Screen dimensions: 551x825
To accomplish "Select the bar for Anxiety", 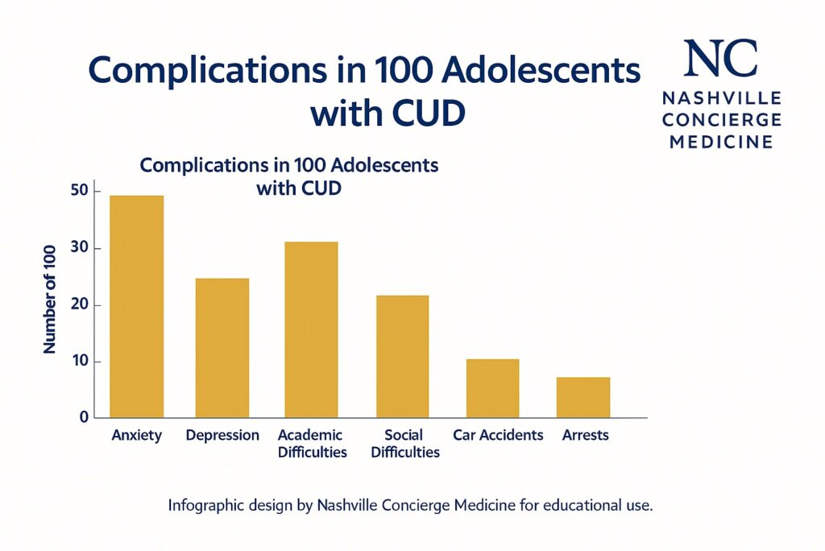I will tap(137, 306).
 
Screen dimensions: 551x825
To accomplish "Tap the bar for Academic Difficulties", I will tap(311, 329).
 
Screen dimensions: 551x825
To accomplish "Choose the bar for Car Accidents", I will tap(492, 388).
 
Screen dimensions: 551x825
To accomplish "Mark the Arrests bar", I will tap(583, 397).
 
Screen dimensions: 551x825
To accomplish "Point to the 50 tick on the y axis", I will tap(78, 192).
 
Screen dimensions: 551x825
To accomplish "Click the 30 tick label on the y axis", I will tap(78, 249).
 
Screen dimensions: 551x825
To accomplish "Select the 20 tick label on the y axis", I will tap(78, 305).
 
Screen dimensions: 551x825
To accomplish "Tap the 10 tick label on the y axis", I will tap(78, 362).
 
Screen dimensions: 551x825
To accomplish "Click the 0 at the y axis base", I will tap(83, 417).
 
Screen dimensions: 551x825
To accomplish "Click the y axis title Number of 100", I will tap(49, 298).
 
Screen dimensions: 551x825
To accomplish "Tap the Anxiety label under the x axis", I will tap(136, 436).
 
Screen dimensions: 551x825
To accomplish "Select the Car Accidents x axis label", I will tap(498, 436).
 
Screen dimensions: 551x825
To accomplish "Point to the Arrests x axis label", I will tap(586, 436).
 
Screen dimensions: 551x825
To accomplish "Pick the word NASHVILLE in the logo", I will tap(721, 98).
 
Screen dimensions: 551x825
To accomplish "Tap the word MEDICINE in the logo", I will tap(721, 142).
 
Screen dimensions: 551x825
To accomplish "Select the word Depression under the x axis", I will tap(222, 436).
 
